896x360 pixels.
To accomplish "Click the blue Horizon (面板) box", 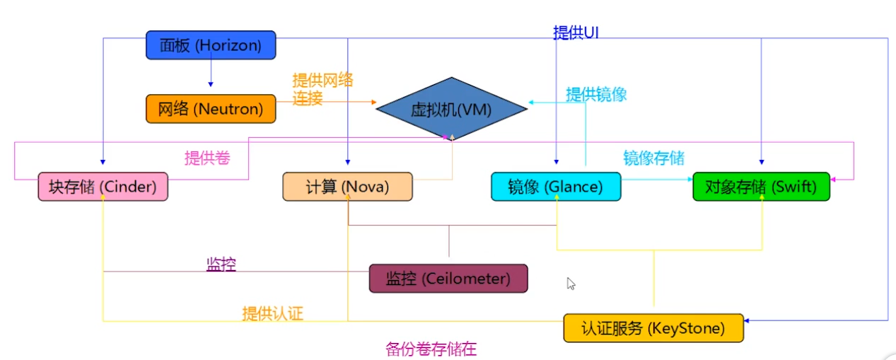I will (x=210, y=45).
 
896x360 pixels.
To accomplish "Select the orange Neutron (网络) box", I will (x=210, y=109).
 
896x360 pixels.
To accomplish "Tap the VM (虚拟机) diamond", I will (x=451, y=108).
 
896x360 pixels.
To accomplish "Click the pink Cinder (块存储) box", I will (x=103, y=187).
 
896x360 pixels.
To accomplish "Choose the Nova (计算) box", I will (x=347, y=187).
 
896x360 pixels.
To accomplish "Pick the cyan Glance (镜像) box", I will (x=555, y=187).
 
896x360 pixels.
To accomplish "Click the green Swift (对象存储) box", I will (x=761, y=187).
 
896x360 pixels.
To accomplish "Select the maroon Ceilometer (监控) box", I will (x=448, y=278).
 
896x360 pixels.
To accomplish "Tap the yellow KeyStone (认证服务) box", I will (x=653, y=328).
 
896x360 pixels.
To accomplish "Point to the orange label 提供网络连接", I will (x=322, y=89).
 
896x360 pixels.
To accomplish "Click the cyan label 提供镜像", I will (x=596, y=94).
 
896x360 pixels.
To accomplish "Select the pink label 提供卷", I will (x=207, y=158).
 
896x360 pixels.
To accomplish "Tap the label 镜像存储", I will (x=653, y=158).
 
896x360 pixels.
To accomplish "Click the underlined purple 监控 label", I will (x=221, y=265).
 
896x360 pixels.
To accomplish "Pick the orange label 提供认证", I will (x=272, y=313).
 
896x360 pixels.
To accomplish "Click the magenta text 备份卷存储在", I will (x=431, y=349).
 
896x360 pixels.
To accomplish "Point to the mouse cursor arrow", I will (x=571, y=283).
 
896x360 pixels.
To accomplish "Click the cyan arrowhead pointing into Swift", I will (x=689, y=180).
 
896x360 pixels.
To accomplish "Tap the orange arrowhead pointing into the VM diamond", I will (x=373, y=102).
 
